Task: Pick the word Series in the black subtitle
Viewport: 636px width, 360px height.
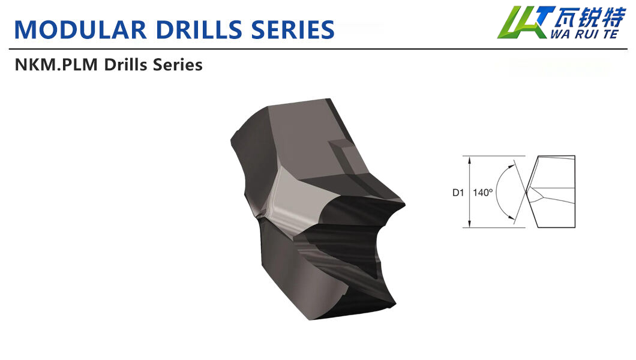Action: [x=178, y=65]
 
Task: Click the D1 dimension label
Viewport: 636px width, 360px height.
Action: [x=458, y=193]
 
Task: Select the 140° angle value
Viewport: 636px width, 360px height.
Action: [x=482, y=193]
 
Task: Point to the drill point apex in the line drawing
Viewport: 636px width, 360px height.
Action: [x=526, y=193]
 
